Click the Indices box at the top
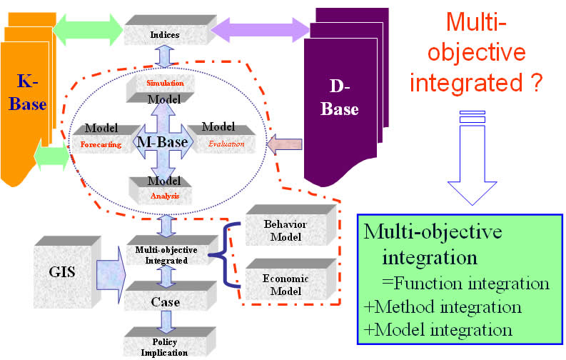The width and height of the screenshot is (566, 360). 164,33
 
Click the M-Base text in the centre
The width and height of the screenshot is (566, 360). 163,142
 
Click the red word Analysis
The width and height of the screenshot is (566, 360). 165,195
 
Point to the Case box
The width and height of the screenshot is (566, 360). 165,301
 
